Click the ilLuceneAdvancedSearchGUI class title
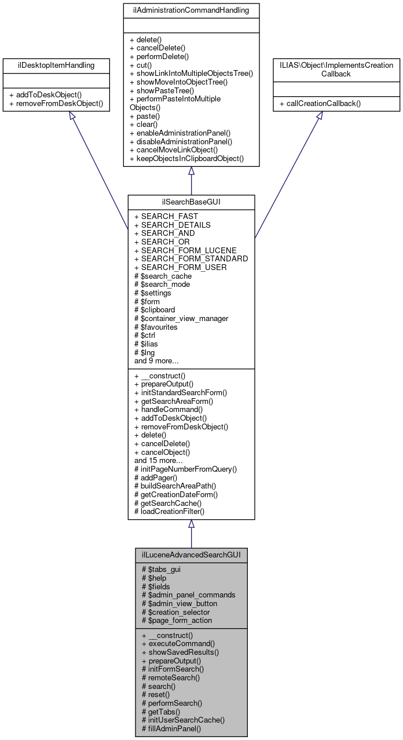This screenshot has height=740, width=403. (191, 555)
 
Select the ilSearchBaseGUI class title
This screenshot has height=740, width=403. (191, 202)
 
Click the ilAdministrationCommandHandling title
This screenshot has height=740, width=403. (191, 10)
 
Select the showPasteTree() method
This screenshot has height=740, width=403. (165, 90)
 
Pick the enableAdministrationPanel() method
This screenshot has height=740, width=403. (180, 133)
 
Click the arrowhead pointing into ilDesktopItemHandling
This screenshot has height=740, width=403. (72, 116)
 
